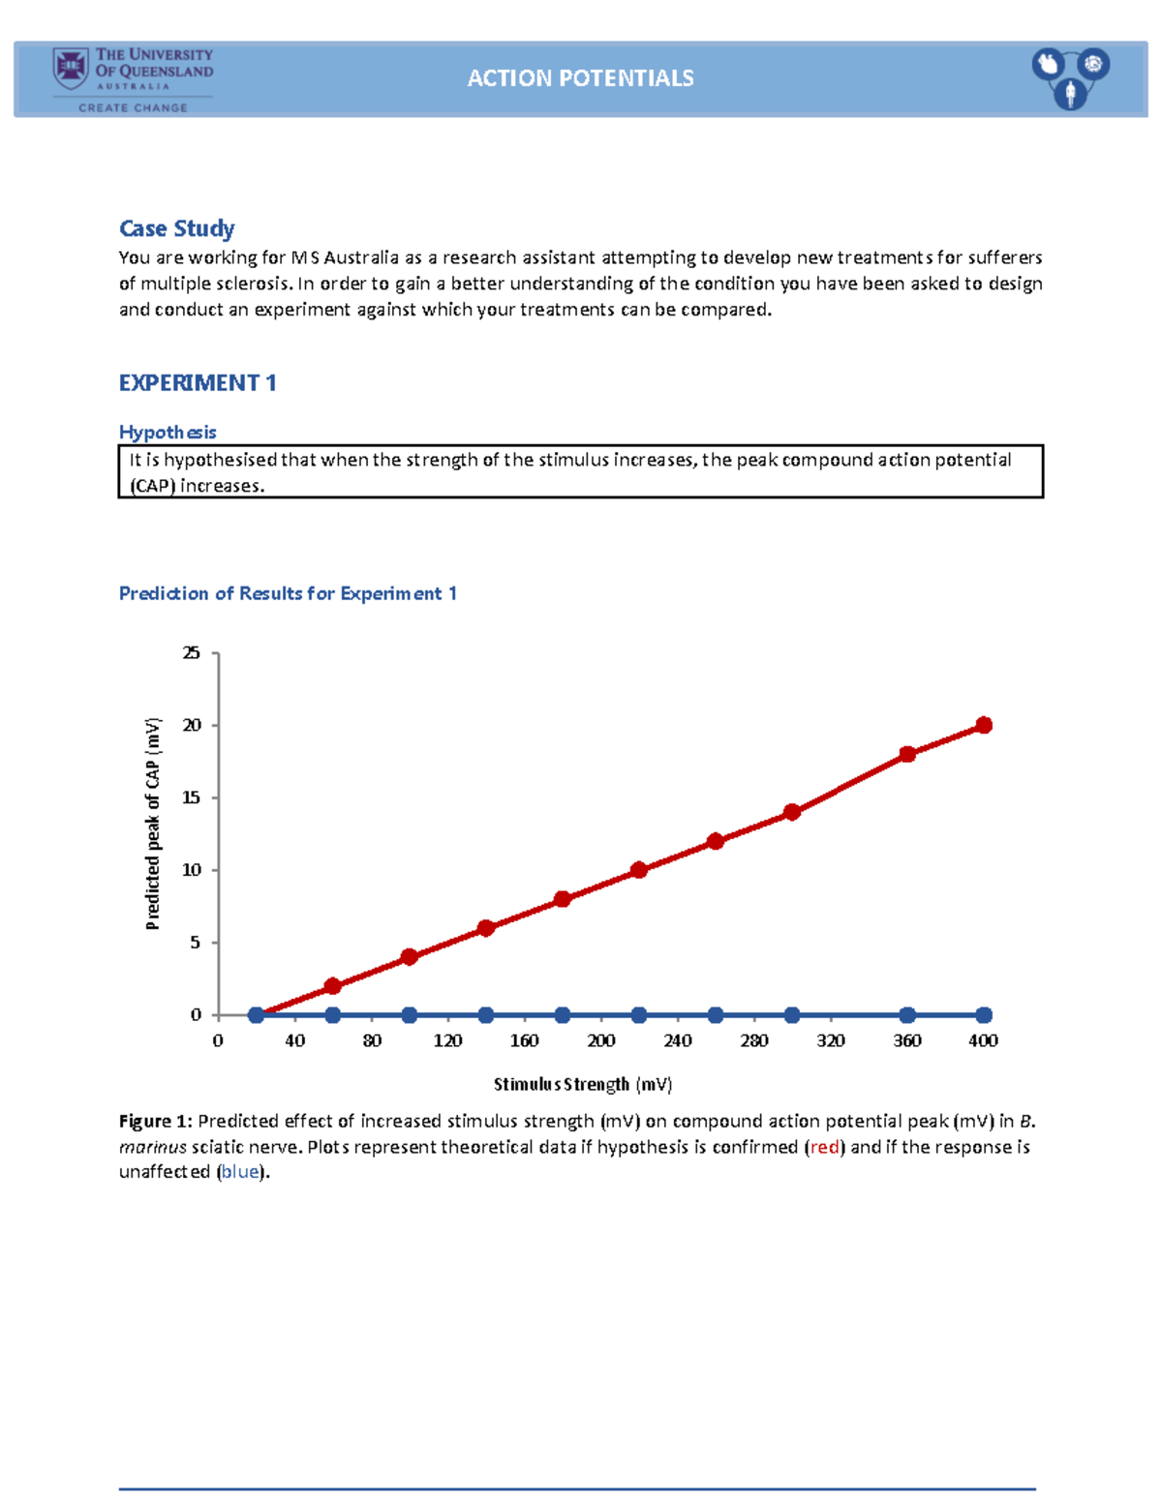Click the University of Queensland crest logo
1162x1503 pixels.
[71, 69]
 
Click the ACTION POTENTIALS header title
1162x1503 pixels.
[580, 78]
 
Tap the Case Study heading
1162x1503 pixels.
[176, 228]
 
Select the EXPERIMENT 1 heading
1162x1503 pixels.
[198, 383]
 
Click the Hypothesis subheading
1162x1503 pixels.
[167, 432]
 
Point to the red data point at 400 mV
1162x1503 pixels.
[984, 725]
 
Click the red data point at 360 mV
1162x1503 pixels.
[907, 754]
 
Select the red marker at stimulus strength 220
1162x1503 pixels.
[639, 870]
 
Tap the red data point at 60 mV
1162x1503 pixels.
[333, 986]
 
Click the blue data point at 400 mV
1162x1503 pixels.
[984, 1015]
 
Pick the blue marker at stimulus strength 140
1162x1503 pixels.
[486, 1015]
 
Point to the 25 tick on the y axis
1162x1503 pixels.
[192, 653]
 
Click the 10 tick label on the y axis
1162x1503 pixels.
[192, 870]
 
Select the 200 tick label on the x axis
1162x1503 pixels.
[601, 1040]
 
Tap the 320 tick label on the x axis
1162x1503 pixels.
[831, 1040]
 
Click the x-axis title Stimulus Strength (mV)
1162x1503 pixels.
[583, 1084]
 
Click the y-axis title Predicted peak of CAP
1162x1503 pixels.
[153, 824]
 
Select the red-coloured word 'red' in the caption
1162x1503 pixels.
[824, 1147]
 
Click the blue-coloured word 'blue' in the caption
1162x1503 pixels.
[240, 1172]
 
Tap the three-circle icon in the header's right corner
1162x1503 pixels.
[1070, 77]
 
